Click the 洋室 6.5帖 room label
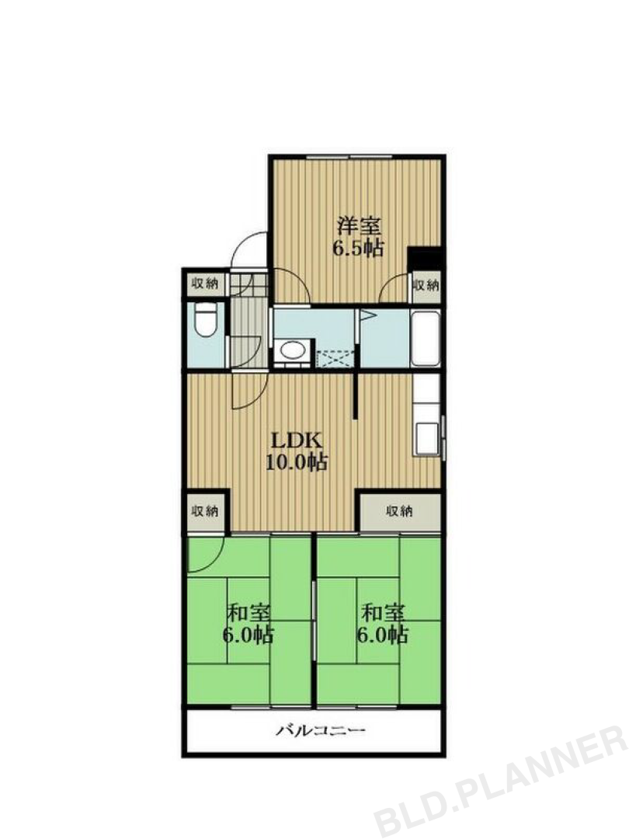coord(359,236)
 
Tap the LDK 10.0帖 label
coord(297,451)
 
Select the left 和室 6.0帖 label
coord(248,623)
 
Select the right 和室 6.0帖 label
coord(383,623)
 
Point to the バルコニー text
coord(321,729)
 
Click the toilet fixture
coord(205,321)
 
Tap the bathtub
coord(426,338)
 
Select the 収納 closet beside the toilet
coord(205,284)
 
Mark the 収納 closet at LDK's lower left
coord(205,512)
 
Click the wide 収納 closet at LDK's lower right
coord(400,511)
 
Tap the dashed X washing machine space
coord(335,358)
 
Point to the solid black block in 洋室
coord(424,258)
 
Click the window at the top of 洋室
coord(349,157)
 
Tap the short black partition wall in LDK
coord(356,396)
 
